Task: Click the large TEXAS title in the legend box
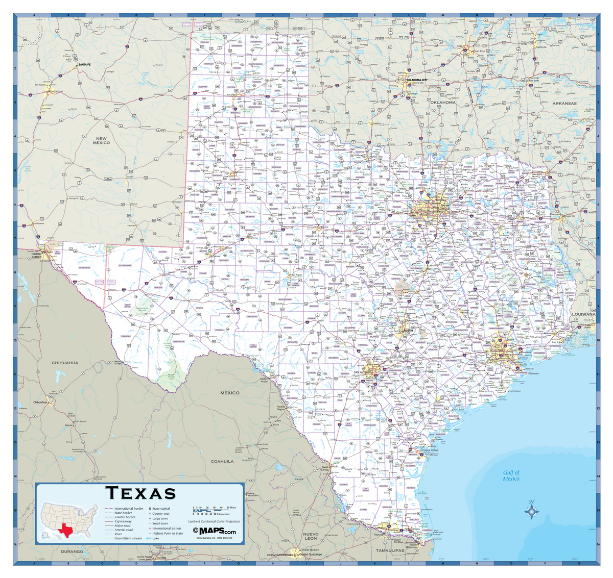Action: (x=140, y=493)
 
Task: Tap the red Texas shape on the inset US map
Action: (x=65, y=530)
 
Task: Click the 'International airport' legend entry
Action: (x=167, y=529)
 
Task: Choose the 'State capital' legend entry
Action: (x=161, y=509)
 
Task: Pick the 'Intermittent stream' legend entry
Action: (x=128, y=538)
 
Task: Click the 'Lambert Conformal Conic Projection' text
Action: (x=214, y=521)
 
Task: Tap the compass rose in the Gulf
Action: (x=531, y=511)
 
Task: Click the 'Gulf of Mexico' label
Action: (x=511, y=475)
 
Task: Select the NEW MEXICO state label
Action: (x=101, y=140)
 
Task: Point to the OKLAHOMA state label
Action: (x=442, y=103)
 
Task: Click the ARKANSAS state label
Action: (x=564, y=103)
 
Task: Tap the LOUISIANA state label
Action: (x=583, y=314)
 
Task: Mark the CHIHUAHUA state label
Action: (x=65, y=363)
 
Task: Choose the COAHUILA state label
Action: (x=222, y=461)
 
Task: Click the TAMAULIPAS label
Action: (x=390, y=550)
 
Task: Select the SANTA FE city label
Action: (x=84, y=65)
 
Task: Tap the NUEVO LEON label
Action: (x=311, y=536)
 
